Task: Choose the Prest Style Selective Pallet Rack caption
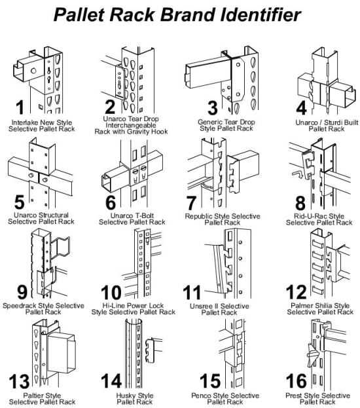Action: pyautogui.click(x=319, y=399)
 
